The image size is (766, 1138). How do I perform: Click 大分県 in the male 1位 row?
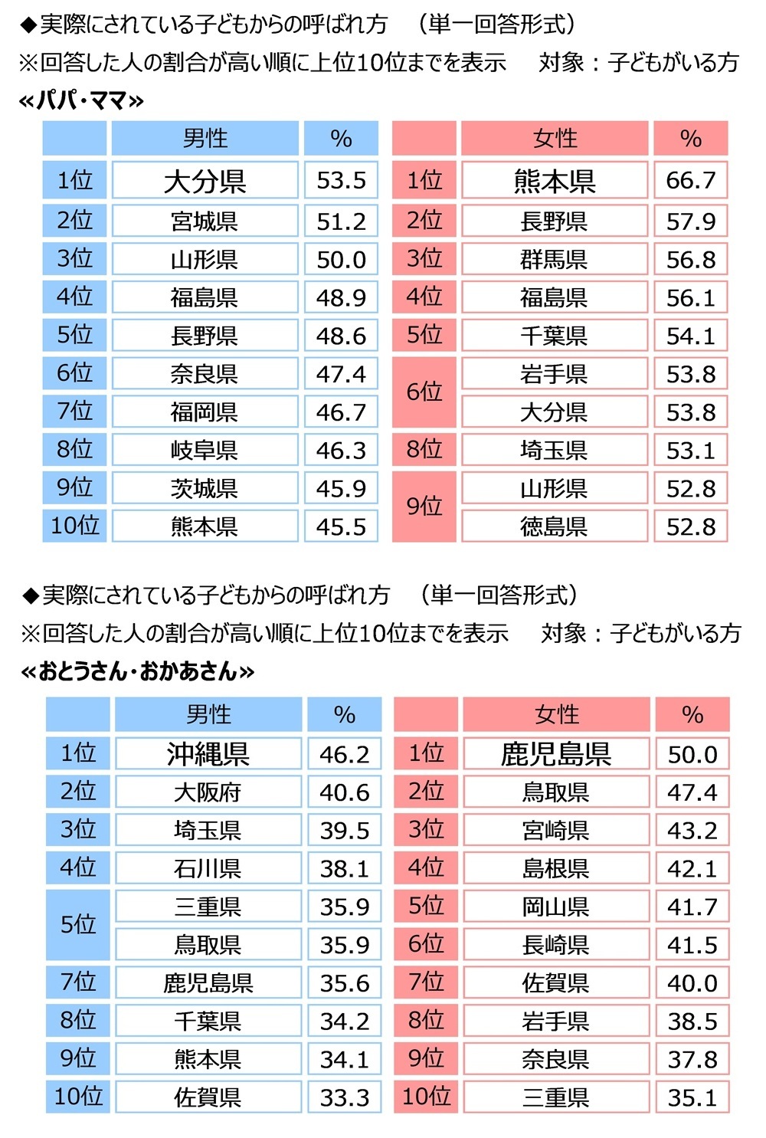pyautogui.click(x=205, y=181)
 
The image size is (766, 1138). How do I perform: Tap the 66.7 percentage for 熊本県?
pyautogui.click(x=690, y=181)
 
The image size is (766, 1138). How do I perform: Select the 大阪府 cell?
pyautogui.click(x=208, y=792)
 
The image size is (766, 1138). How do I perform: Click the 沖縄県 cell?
pyautogui.click(x=208, y=754)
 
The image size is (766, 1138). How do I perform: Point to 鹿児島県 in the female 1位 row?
pyautogui.click(x=556, y=754)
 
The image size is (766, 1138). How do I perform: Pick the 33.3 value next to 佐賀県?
pyautogui.click(x=344, y=1097)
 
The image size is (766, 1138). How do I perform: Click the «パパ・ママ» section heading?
pyautogui.click(x=81, y=100)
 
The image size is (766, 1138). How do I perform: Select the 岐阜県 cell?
pyautogui.click(x=205, y=450)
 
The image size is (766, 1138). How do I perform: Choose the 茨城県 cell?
pyautogui.click(x=205, y=488)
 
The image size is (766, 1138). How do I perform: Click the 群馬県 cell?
pyautogui.click(x=554, y=259)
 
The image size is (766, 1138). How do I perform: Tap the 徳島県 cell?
pyautogui.click(x=554, y=526)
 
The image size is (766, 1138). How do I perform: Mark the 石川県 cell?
pyautogui.click(x=208, y=868)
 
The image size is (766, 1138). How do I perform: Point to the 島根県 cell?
pyautogui.click(x=556, y=868)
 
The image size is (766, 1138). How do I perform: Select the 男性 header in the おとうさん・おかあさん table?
pyautogui.click(x=208, y=714)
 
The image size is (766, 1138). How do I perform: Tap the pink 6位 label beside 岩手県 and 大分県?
pyautogui.click(x=424, y=392)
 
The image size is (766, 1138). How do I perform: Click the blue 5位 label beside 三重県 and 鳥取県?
pyautogui.click(x=78, y=924)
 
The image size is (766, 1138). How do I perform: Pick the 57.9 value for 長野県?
pyautogui.click(x=690, y=221)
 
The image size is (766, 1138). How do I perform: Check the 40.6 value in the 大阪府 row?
pyautogui.click(x=344, y=792)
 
